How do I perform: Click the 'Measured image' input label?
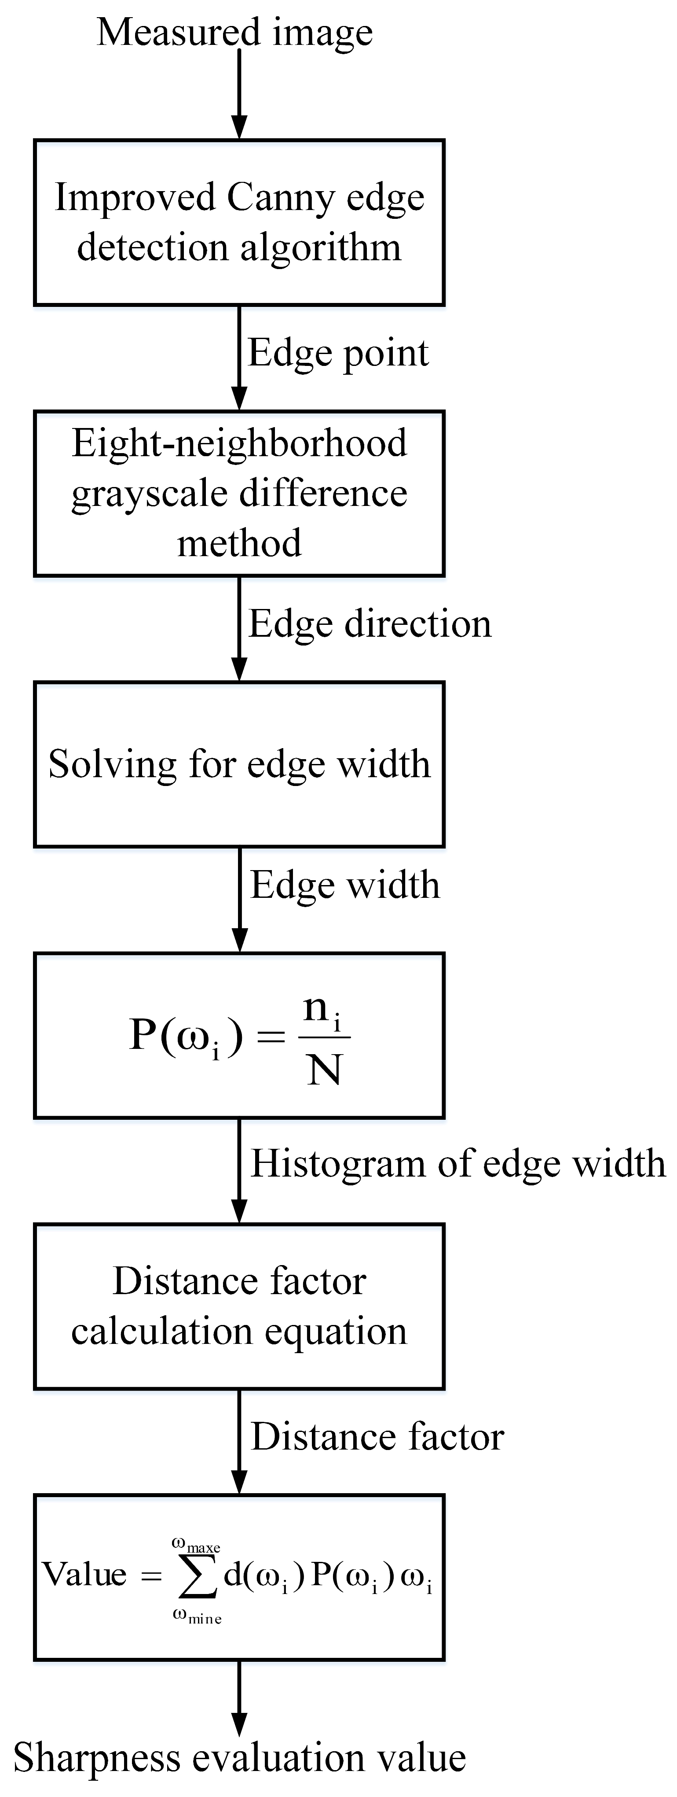coord(235,33)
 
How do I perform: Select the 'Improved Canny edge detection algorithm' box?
coord(239,222)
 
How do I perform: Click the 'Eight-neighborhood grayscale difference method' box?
coord(239,493)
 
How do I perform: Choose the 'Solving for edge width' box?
coord(239,764)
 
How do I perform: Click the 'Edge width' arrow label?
coord(345,885)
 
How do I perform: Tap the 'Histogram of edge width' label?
coord(458,1163)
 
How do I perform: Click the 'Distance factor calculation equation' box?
coord(239,1306)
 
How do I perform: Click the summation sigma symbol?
coord(198,1576)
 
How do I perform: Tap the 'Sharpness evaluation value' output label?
coord(239,1757)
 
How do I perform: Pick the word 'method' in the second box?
coord(239,543)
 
